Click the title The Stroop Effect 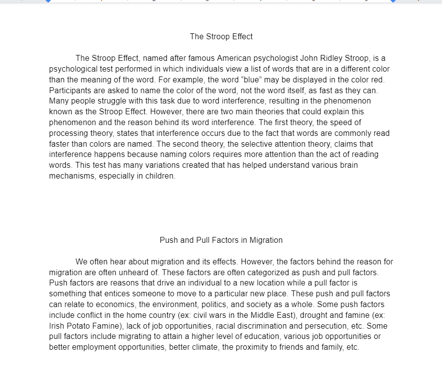click(221, 37)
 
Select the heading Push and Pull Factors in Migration click(221, 240)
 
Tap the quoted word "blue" click(247, 80)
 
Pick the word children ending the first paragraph click(159, 176)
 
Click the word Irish click(56, 326)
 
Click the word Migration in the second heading click(266, 240)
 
